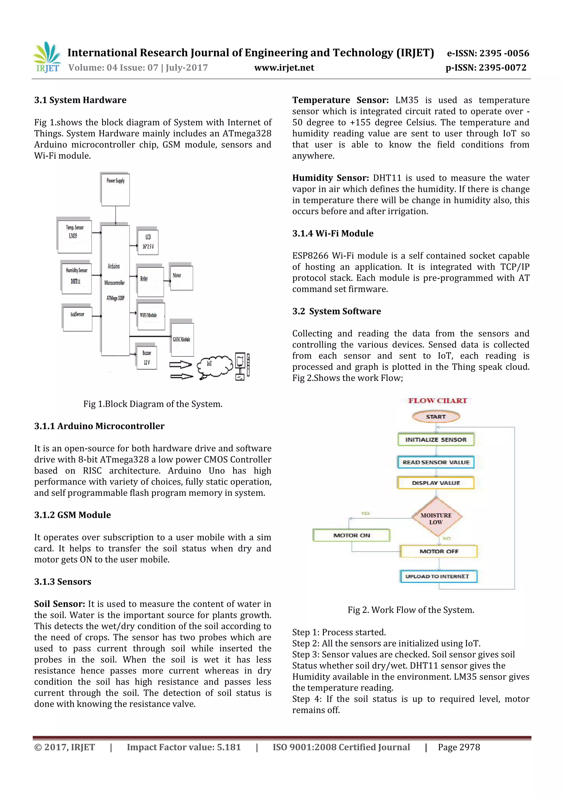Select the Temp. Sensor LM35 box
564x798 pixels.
pyautogui.click(x=75, y=236)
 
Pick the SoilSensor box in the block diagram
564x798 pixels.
pyautogui.click(x=77, y=318)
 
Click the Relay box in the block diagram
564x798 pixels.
pyautogui.click(x=150, y=281)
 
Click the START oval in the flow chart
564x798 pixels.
pyautogui.click(x=436, y=416)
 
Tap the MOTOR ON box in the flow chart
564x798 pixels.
pyautogui.click(x=351, y=535)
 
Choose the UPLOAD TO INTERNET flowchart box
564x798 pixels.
pyautogui.click(x=438, y=576)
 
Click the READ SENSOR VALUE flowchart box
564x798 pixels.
pyautogui.click(x=436, y=462)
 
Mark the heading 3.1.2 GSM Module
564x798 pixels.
pyautogui.click(x=73, y=515)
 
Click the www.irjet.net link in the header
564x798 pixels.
pyautogui.click(x=284, y=68)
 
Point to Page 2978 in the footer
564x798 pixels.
pyautogui.click(x=459, y=747)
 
